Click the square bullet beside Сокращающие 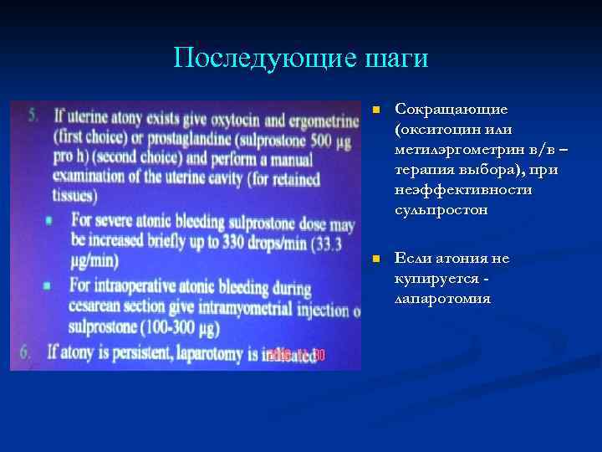click(377, 110)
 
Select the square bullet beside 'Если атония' click(377, 259)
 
